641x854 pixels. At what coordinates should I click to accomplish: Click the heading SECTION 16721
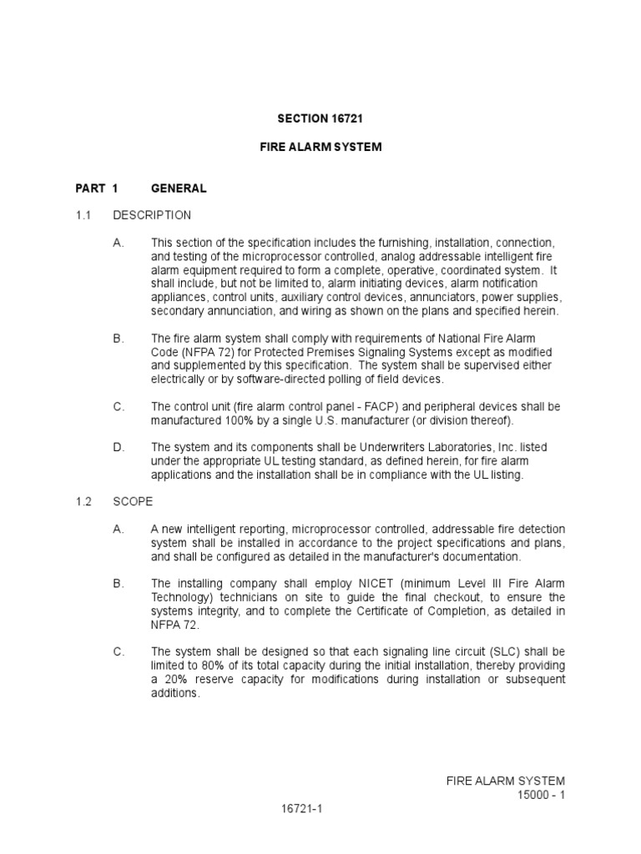click(x=320, y=120)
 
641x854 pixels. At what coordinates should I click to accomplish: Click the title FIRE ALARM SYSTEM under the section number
click(x=320, y=147)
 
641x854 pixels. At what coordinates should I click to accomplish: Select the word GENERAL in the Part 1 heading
click(x=179, y=188)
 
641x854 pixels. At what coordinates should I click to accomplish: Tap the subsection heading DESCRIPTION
click(x=152, y=215)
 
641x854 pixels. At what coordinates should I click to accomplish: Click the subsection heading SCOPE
click(x=133, y=502)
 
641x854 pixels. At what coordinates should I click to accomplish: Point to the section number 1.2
click(x=83, y=502)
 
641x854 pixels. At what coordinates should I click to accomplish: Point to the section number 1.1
click(x=83, y=215)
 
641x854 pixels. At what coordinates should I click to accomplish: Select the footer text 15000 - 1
click(x=542, y=795)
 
